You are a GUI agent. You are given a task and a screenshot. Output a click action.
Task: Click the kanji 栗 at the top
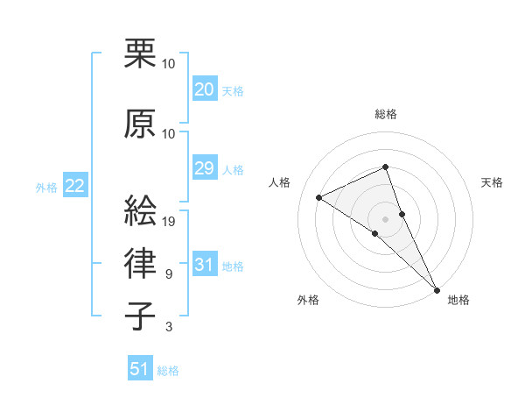(x=141, y=54)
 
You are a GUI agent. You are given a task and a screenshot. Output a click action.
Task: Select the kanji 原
(x=141, y=124)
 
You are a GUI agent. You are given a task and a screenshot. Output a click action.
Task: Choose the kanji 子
(x=141, y=316)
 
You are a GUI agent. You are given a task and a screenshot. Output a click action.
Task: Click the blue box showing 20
(x=204, y=89)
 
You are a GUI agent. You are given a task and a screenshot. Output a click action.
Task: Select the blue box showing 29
(x=204, y=168)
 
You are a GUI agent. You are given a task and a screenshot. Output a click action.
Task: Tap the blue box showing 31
(x=204, y=265)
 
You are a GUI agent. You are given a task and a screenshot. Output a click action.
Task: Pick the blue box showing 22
(x=75, y=186)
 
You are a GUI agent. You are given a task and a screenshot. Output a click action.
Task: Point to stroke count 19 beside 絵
(x=170, y=222)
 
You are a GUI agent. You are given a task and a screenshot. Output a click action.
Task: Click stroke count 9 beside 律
(x=169, y=275)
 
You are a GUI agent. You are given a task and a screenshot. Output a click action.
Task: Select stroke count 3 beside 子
(x=169, y=328)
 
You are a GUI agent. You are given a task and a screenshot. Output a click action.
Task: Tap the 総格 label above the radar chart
(x=386, y=114)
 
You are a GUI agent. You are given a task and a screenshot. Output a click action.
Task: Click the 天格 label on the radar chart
(x=492, y=182)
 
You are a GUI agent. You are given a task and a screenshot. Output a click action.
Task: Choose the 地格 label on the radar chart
(x=458, y=300)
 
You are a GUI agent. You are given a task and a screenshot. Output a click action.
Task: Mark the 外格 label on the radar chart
(x=308, y=300)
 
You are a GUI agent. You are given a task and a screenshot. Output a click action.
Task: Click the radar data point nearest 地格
(x=437, y=288)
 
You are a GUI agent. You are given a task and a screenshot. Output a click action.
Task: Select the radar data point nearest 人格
(x=319, y=198)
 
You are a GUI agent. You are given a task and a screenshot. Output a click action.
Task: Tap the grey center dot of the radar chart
(x=385, y=218)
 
